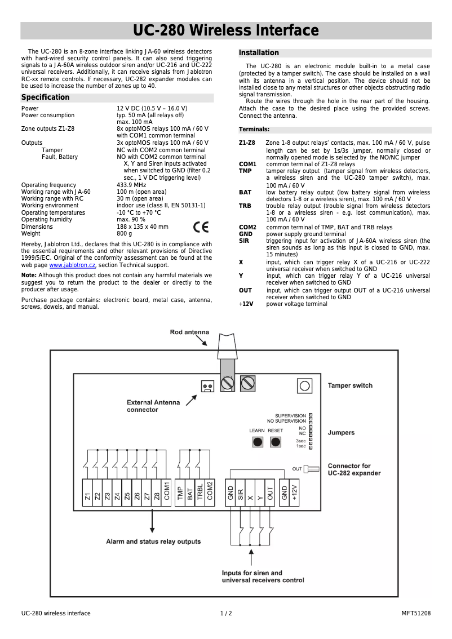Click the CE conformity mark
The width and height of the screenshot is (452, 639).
201,227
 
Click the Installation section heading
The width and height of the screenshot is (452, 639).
259,53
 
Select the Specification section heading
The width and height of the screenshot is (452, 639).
46,97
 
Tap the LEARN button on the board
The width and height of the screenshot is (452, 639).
258,442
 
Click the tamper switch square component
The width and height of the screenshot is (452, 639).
304,385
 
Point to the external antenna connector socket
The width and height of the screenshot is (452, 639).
207,386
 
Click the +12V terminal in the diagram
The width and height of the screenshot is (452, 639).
295,493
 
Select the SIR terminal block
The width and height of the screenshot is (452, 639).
240,493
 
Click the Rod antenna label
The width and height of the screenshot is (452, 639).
189,332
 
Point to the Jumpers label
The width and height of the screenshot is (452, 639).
342,433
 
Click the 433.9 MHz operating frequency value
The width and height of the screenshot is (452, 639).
131,185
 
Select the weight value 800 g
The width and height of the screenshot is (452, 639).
125,233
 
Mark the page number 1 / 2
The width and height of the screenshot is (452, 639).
226,614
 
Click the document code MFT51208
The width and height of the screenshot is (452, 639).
416,614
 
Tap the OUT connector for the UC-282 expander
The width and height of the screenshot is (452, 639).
311,468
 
